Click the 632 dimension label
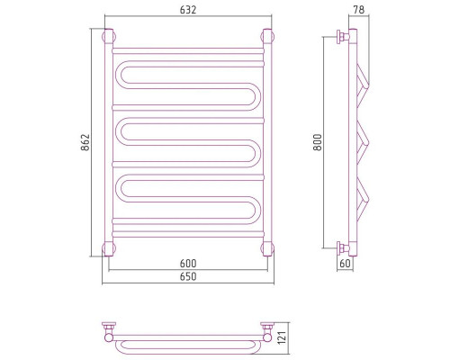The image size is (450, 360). coord(188,10)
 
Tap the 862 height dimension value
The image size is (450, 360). coord(85,142)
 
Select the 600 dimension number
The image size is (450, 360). coord(188,264)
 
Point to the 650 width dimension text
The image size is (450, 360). coord(188,276)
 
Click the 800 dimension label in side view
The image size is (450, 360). coord(318,142)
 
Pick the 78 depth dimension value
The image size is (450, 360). coord(359,10)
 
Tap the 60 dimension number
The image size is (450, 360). coord(345,264)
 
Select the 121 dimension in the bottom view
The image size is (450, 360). coord(283,337)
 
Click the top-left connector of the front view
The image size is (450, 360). coord(109,37)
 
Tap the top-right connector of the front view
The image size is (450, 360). coord(267,37)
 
